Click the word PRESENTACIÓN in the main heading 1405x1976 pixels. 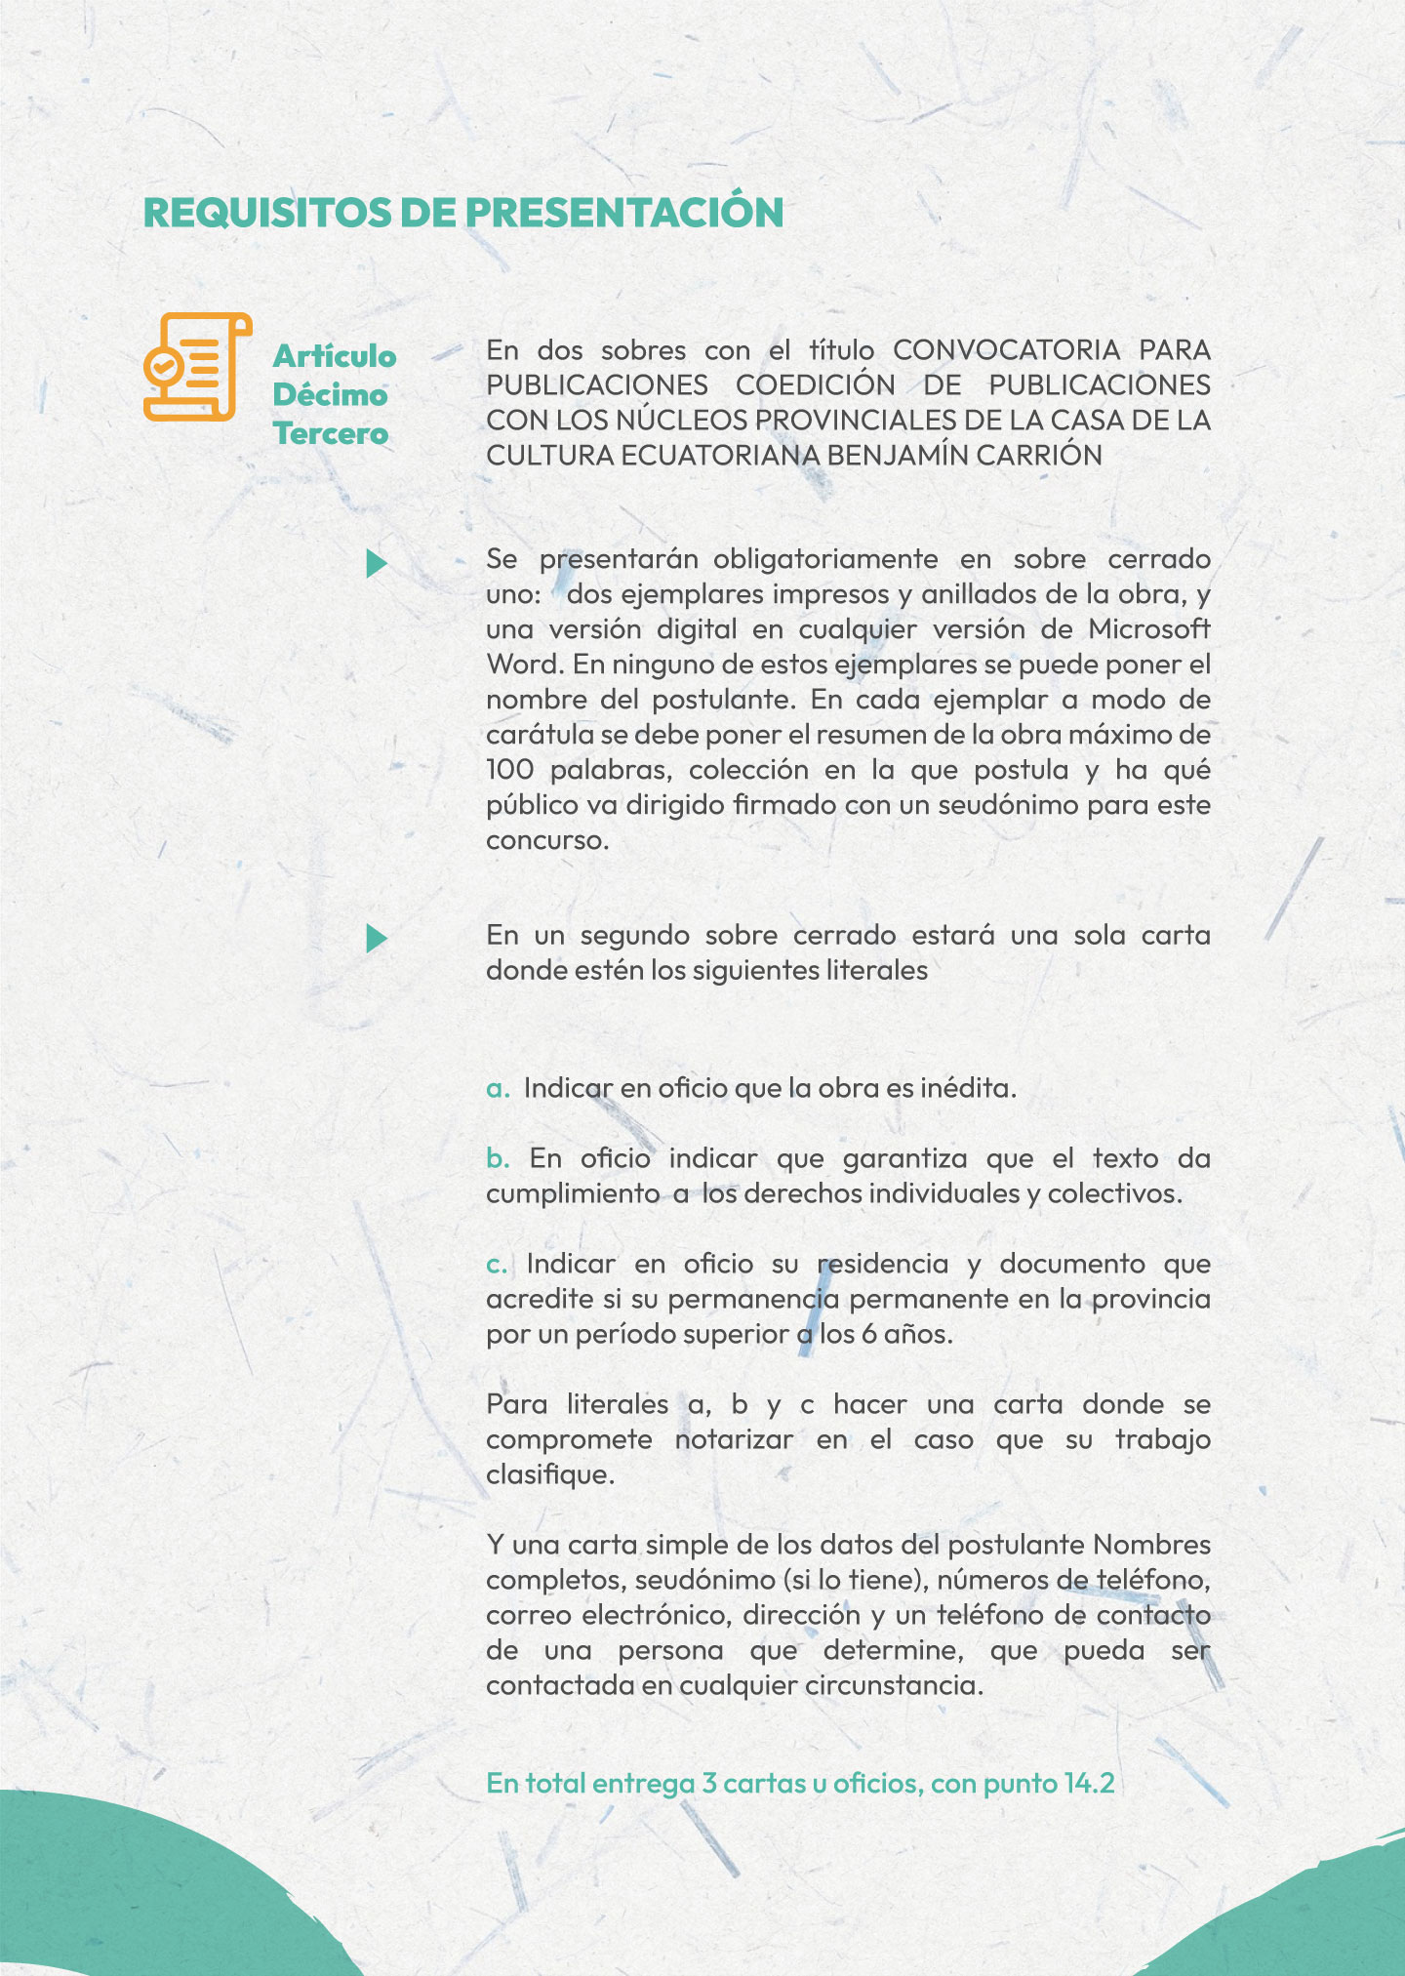coord(623,213)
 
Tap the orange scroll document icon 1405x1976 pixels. coord(198,366)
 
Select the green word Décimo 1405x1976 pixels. coord(330,394)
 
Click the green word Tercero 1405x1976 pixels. coord(331,433)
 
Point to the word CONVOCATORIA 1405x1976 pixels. coord(1006,349)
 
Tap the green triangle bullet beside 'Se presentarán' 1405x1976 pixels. coord(377,563)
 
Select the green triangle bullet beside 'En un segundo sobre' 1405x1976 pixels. coord(377,939)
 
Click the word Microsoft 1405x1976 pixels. coord(1149,628)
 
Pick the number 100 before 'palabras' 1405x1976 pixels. coord(510,769)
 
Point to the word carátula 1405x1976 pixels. coord(540,734)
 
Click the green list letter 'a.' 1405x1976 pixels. coord(499,1088)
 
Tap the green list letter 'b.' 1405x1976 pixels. coord(499,1158)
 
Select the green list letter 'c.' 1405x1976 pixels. coord(498,1264)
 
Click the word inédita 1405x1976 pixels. coord(967,1088)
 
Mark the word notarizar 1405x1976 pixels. coord(734,1439)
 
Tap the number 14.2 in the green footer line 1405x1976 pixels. coord(1089,1783)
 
